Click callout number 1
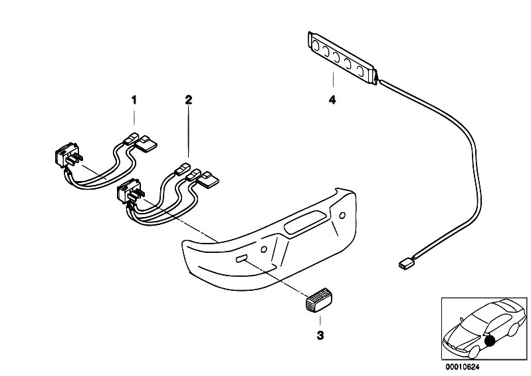(134, 100)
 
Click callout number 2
(189, 100)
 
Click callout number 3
(320, 335)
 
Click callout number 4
(332, 100)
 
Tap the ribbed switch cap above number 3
(319, 298)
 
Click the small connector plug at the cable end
(405, 264)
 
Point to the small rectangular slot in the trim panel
(241, 260)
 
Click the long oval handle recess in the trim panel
(306, 222)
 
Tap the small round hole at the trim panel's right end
(342, 216)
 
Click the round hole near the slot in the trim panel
(264, 250)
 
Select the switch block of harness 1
(68, 155)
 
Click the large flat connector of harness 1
(146, 144)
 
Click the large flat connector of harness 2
(208, 180)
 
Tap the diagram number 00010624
(463, 367)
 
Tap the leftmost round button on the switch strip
(315, 45)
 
